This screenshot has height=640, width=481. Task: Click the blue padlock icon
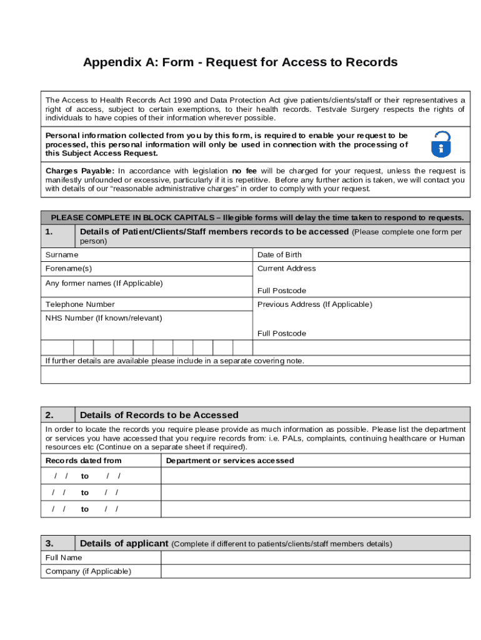pyautogui.click(x=441, y=144)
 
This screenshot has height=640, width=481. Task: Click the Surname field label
pyautogui.click(x=62, y=254)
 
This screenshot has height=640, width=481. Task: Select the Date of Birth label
pyautogui.click(x=279, y=254)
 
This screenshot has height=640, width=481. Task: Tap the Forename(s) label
pyautogui.click(x=69, y=268)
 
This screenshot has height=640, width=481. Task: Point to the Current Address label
pyautogui.click(x=287, y=268)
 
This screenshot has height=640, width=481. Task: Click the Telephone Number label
pyautogui.click(x=80, y=304)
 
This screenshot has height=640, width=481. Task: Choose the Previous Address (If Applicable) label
pyautogui.click(x=315, y=304)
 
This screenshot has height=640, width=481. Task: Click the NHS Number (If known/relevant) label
pyautogui.click(x=104, y=318)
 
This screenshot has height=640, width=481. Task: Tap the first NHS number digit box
pyautogui.click(x=57, y=347)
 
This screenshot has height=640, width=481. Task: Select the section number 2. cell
pyautogui.click(x=58, y=415)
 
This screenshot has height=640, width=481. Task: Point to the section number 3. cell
pyautogui.click(x=58, y=543)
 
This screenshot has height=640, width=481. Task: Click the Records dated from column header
pyautogui.click(x=84, y=461)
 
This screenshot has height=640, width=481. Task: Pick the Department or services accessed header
pyautogui.click(x=230, y=461)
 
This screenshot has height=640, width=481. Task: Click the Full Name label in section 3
pyautogui.click(x=64, y=557)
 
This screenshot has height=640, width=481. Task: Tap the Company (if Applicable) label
pyautogui.click(x=88, y=571)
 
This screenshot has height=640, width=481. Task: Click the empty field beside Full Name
pyautogui.click(x=315, y=557)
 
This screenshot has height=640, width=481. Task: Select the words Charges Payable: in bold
pyautogui.click(x=80, y=171)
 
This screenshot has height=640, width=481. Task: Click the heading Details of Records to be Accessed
pyautogui.click(x=159, y=415)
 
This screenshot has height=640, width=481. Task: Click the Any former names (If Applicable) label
pyautogui.click(x=104, y=283)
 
